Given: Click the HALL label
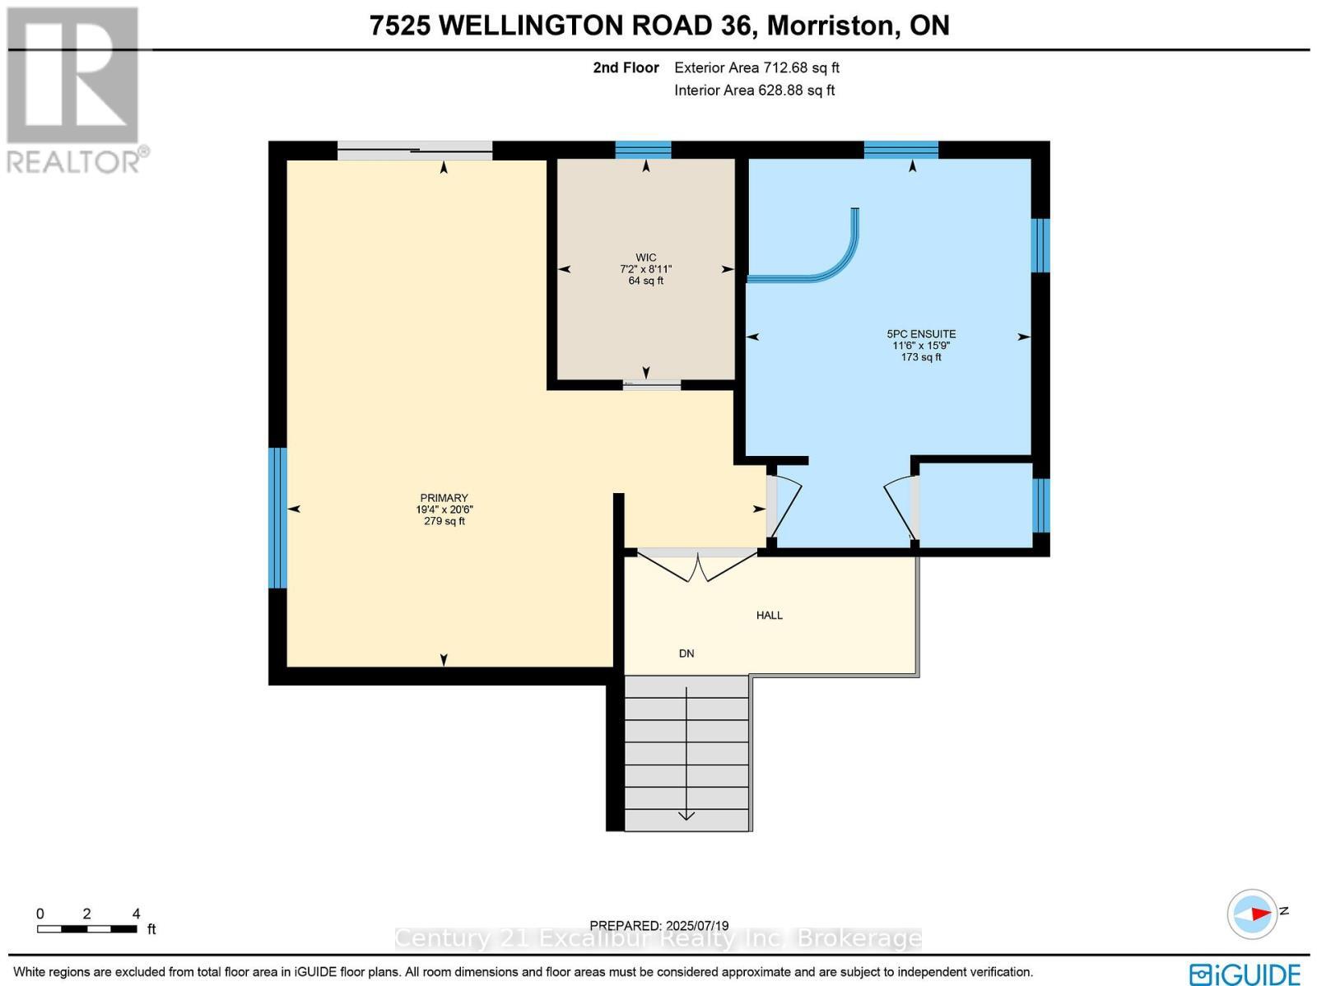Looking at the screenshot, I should pyautogui.click(x=769, y=615).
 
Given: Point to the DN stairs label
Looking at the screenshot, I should pyautogui.click(x=686, y=653).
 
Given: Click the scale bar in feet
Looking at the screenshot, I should pyautogui.click(x=86, y=928).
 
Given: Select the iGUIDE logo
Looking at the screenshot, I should pyautogui.click(x=1245, y=974).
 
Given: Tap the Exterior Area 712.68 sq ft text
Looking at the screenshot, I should pyautogui.click(x=756, y=68).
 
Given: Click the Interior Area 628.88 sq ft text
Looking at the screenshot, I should pyautogui.click(x=754, y=91).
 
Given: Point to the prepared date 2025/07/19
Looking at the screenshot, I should pyautogui.click(x=659, y=926).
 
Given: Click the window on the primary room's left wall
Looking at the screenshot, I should pyautogui.click(x=278, y=518).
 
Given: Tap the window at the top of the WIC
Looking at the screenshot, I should pyautogui.click(x=643, y=150).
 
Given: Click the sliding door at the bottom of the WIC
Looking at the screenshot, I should pyautogui.click(x=651, y=384).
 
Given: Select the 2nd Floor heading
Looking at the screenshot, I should pyautogui.click(x=626, y=68).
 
